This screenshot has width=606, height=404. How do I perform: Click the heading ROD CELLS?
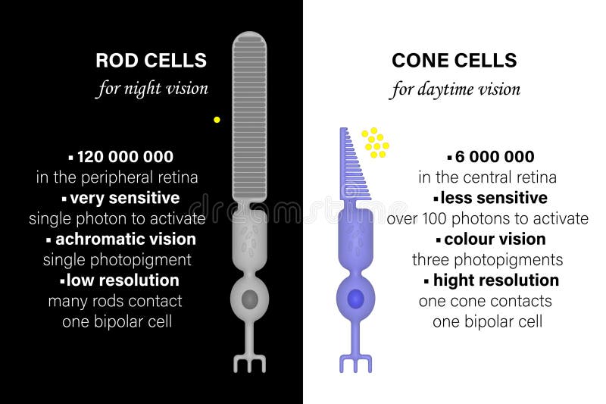pyautogui.click(x=151, y=60)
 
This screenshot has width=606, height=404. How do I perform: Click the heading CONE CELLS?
pyautogui.click(x=454, y=60)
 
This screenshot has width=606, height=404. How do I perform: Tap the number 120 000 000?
pyautogui.click(x=125, y=157)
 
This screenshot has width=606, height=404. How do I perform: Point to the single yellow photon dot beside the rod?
pyautogui.click(x=217, y=120)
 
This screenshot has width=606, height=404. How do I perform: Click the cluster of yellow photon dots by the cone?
pyautogui.click(x=374, y=142)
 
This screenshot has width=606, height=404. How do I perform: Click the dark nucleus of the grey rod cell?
pyautogui.click(x=249, y=299)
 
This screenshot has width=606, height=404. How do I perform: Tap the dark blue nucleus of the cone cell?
pyautogui.click(x=355, y=299)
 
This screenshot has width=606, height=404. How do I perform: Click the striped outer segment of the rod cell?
pyautogui.click(x=249, y=114)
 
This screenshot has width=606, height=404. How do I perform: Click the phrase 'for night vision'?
pyautogui.click(x=151, y=89)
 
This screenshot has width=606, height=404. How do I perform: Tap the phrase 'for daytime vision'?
pyautogui.click(x=455, y=89)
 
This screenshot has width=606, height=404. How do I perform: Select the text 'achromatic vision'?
pyautogui.click(x=124, y=239)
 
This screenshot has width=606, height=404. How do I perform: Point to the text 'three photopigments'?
pyautogui.click(x=487, y=260)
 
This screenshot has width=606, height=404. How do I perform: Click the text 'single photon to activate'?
pyautogui.click(x=117, y=219)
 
